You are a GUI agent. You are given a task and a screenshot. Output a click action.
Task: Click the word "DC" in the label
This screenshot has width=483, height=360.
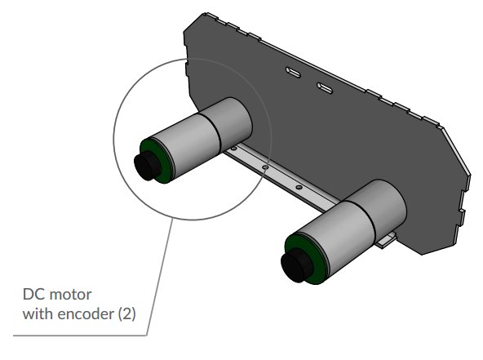(33, 294)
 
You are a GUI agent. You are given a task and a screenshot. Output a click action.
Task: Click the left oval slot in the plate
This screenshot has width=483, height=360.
(293, 73)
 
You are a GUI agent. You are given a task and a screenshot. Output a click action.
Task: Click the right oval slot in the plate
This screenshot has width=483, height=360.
(324, 87)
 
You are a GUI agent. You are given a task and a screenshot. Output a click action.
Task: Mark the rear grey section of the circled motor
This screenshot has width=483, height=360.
(232, 123)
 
